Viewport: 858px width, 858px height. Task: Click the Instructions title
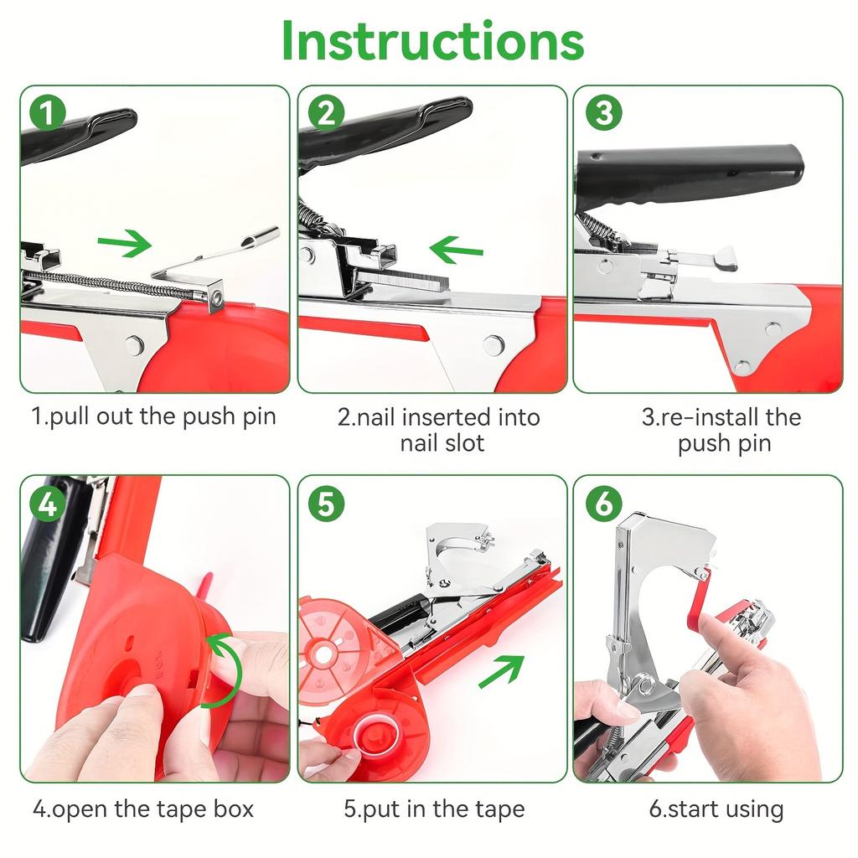432,39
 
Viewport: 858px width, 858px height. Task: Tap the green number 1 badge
48,112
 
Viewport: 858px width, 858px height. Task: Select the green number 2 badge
326,112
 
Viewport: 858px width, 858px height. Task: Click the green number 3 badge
603,112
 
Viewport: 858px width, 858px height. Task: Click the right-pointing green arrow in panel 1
124,245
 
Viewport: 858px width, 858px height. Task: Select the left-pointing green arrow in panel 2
456,249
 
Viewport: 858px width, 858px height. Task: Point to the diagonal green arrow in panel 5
501,671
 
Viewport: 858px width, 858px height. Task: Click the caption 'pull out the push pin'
154,416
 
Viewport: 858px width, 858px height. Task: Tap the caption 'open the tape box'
143,809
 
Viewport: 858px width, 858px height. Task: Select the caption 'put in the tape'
434,809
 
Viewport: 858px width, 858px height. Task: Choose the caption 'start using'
716,809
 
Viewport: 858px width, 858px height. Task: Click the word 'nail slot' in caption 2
442,442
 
